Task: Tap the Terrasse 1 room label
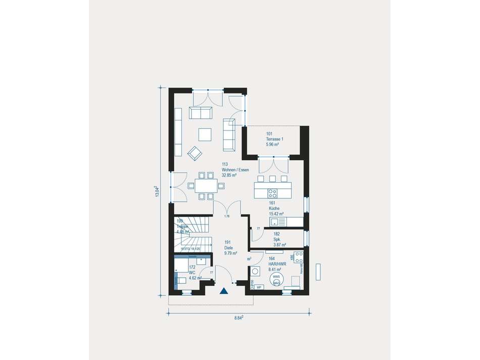(x=275, y=139)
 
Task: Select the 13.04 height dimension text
(x=157, y=192)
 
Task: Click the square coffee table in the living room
(x=205, y=133)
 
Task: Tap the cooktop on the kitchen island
(x=272, y=192)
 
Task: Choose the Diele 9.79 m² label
(x=231, y=245)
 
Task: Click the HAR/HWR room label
(x=277, y=262)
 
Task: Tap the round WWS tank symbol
(x=276, y=280)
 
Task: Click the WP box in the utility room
(x=259, y=287)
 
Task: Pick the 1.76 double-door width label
(x=227, y=217)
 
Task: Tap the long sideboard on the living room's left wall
(x=178, y=131)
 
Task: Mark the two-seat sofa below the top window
(x=201, y=113)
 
